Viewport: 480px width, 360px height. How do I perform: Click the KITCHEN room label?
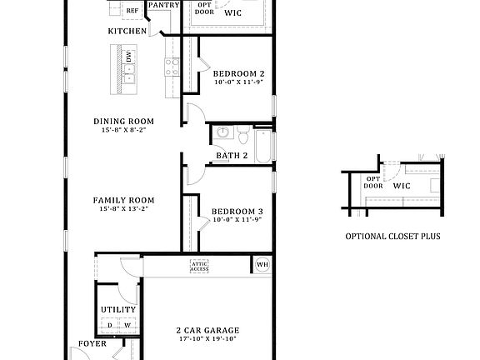[x=127, y=32]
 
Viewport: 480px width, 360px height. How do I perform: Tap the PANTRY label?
[x=162, y=5]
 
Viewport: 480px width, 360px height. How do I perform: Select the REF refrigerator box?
[x=132, y=11]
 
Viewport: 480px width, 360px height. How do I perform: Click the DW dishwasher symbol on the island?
[x=129, y=57]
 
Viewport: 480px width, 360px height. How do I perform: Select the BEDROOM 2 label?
[x=237, y=73]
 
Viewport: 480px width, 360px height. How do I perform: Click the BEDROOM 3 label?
[x=237, y=212]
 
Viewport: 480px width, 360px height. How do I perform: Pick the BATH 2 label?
[x=232, y=156]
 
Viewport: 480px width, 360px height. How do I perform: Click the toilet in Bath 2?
[x=242, y=132]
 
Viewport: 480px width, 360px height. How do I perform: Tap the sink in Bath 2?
[x=222, y=133]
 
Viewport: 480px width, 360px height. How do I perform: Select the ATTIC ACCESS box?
[x=199, y=266]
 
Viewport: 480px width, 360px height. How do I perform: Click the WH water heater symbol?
[x=262, y=265]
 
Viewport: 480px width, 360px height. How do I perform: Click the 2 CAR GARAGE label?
[x=207, y=330]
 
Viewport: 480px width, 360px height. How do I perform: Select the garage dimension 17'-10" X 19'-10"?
[x=207, y=339]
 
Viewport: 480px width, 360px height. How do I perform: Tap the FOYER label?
[x=92, y=343]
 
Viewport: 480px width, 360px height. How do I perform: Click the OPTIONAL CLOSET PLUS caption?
[x=392, y=237]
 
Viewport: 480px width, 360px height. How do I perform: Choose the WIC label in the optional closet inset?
[x=402, y=187]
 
